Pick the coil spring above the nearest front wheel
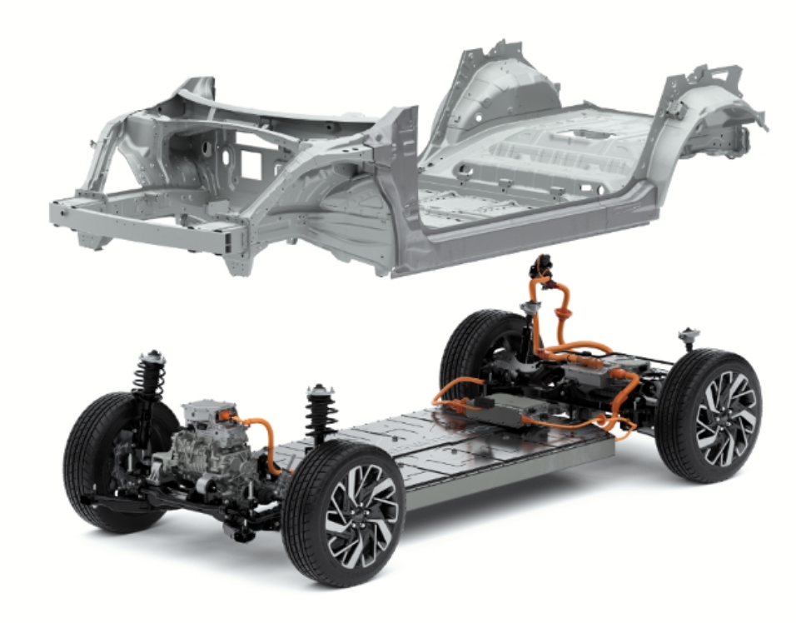click(x=319, y=417)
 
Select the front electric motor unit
click(x=208, y=450)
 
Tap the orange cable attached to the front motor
click(x=267, y=441)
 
